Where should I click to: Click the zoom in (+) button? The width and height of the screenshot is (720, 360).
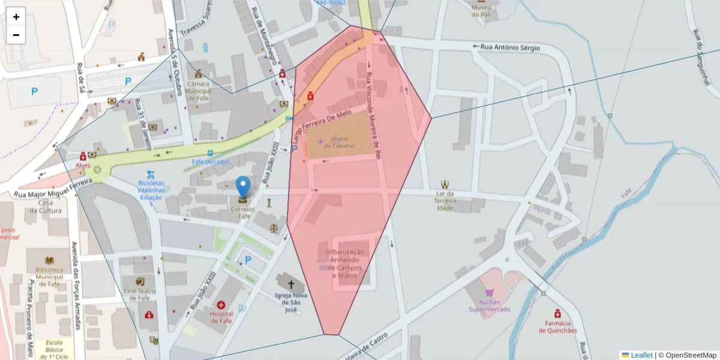pos(16,17)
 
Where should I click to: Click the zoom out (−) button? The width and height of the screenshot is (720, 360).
pos(16,35)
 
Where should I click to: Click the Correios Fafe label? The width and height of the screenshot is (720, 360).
pos(243,212)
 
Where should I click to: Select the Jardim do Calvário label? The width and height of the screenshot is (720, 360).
pos(339,142)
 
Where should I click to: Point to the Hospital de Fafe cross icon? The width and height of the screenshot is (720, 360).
pos(221,305)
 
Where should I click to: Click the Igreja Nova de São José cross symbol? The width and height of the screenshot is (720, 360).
pos(291,284)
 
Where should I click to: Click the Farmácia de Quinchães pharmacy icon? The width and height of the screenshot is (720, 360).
pos(557,314)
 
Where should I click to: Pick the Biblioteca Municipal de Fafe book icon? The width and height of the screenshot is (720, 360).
pos(49,260)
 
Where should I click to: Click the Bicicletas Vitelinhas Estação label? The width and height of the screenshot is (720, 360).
pos(151,189)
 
